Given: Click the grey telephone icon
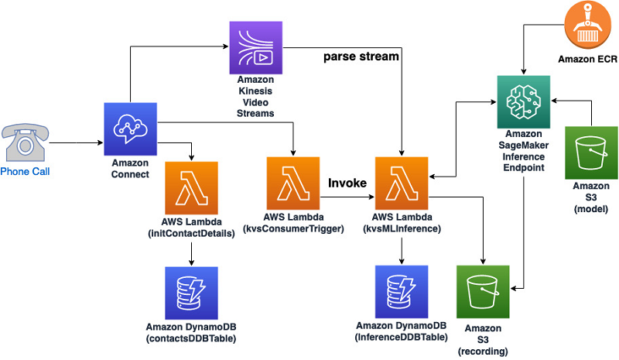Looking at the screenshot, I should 24,142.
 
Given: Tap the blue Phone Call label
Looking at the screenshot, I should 25,171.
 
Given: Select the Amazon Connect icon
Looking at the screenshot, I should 130,129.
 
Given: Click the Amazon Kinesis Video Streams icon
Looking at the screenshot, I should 256,47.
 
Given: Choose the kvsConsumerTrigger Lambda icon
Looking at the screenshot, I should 292,183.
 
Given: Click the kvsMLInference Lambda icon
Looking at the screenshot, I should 401,183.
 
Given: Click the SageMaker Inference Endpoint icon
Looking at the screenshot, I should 523,102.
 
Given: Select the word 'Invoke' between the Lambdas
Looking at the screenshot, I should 347,182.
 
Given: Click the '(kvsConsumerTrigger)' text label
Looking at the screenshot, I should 292,229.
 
